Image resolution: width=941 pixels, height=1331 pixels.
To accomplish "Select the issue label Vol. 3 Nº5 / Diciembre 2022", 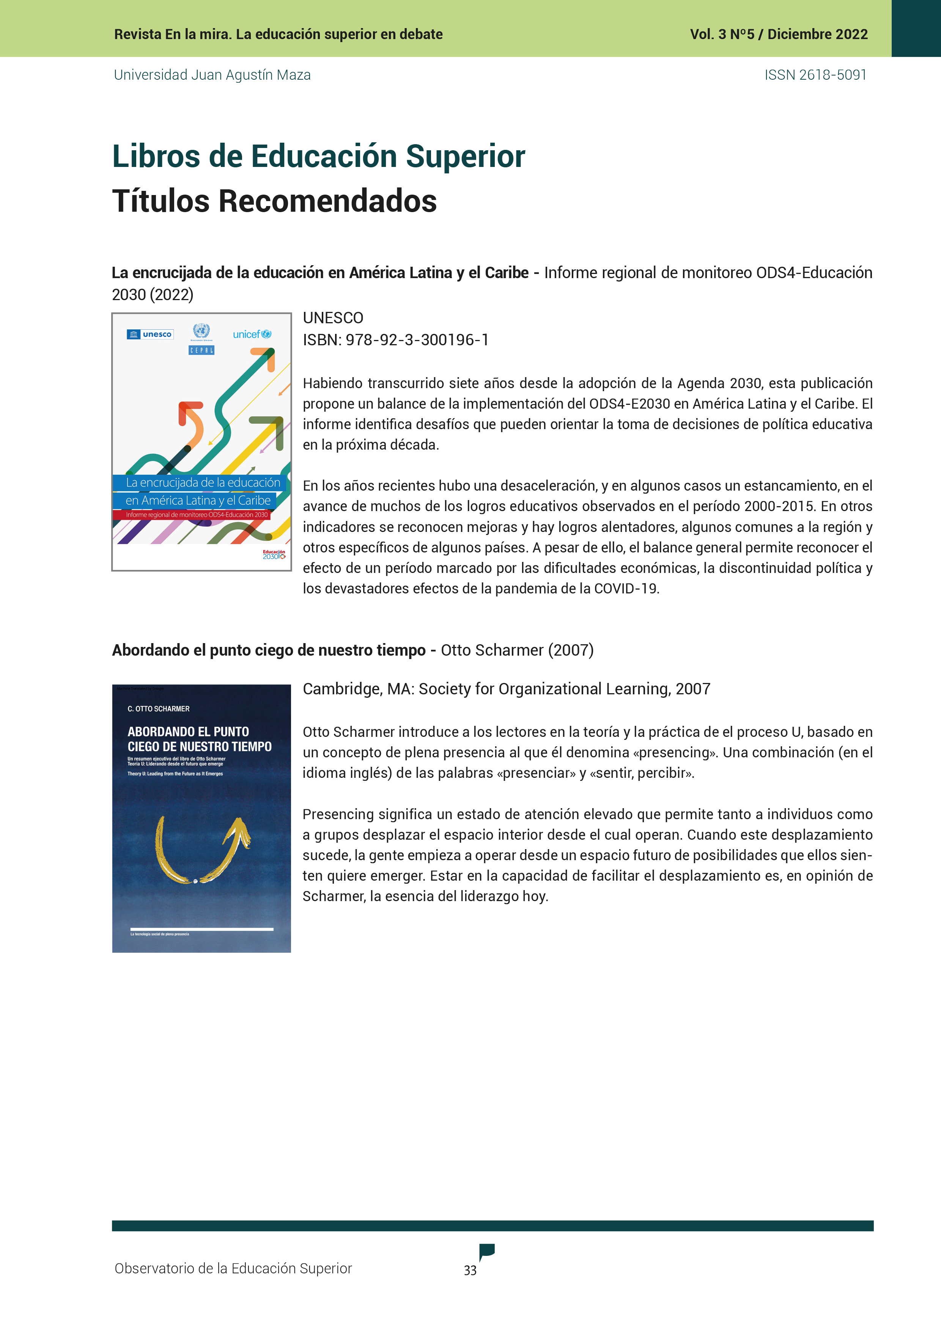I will pos(778,34).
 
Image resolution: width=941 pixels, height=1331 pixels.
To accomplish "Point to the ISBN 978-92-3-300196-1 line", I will pos(395,340).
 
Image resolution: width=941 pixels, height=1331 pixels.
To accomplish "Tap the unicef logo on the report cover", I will pos(252,335).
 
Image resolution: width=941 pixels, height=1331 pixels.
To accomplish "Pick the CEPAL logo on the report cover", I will pos(201,350).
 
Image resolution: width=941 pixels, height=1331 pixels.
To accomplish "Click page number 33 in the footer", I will pos(470,1270).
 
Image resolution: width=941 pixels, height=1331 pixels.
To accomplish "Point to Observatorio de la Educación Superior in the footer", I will pos(233,1268).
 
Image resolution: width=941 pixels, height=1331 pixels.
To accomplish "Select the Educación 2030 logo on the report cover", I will pos(274,555).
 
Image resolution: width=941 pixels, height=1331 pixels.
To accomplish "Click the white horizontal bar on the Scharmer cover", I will pos(202,929).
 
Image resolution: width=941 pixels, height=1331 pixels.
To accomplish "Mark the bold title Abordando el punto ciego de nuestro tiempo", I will pos(268,650).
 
